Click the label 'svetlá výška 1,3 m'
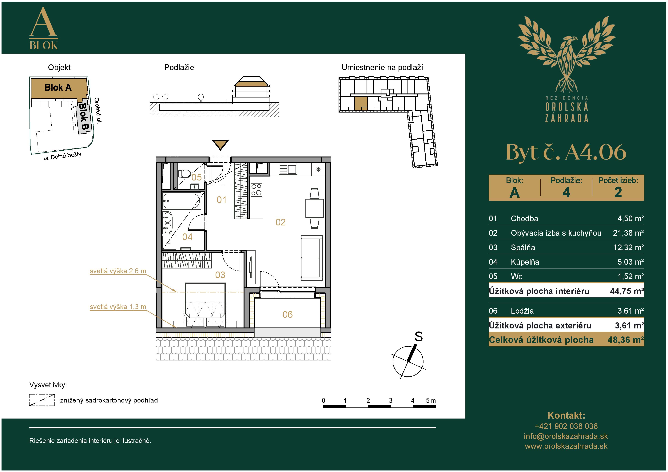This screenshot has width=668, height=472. pyautogui.click(x=118, y=307)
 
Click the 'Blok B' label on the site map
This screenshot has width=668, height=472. pyautogui.click(x=84, y=117)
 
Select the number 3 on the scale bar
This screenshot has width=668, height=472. pyautogui.click(x=390, y=400)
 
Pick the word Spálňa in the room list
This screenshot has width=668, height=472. pyautogui.click(x=523, y=248)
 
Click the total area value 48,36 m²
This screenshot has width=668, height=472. pyautogui.click(x=626, y=340)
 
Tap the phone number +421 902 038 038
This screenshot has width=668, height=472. pyautogui.click(x=566, y=426)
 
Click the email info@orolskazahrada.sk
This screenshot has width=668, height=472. pyautogui.click(x=566, y=436)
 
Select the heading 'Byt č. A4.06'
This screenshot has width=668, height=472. pyautogui.click(x=566, y=152)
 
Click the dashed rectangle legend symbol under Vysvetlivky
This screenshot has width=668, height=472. pyautogui.click(x=42, y=400)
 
